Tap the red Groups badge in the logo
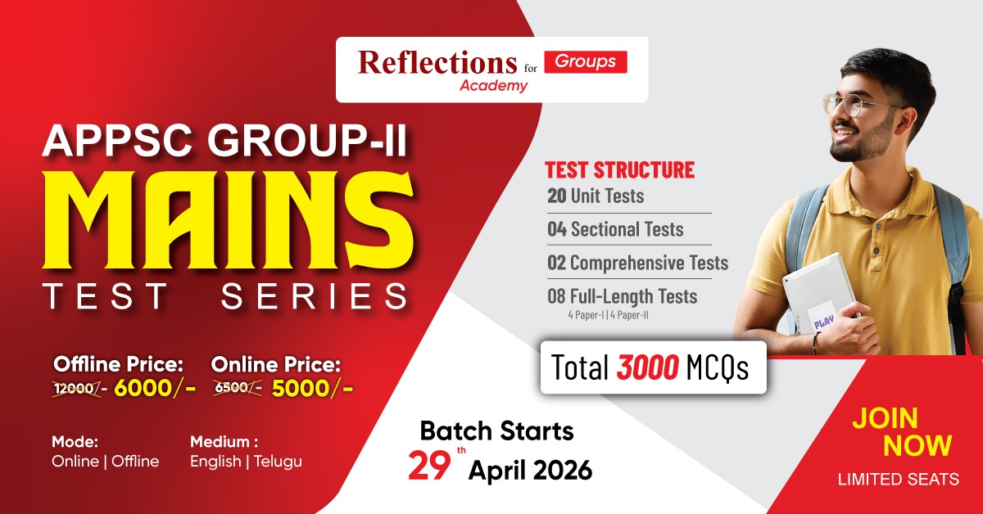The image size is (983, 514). tap(586, 61)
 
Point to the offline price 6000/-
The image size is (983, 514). tap(154, 388)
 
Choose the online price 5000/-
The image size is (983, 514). tap(312, 388)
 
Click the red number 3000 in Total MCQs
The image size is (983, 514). tap(647, 368)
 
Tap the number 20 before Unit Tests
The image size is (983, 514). tap(557, 196)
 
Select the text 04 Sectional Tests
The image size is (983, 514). tap(615, 229)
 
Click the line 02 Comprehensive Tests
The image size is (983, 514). tap(637, 263)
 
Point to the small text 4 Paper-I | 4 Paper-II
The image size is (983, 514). tap(610, 314)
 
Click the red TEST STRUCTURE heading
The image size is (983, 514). tap(619, 170)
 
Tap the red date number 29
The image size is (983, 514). tap(428, 465)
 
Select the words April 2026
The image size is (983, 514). tap(529, 471)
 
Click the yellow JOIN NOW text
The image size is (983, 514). tap(901, 431)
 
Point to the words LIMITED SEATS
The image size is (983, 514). tap(898, 480)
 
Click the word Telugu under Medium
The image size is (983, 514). tap(277, 462)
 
